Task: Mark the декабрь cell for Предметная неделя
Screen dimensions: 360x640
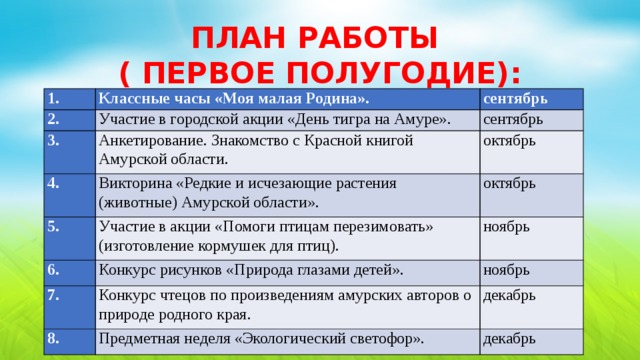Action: (512, 338)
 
